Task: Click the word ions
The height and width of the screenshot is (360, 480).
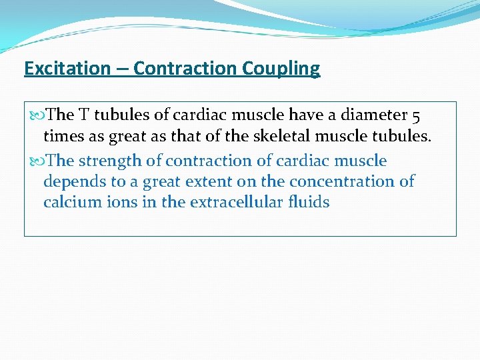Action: point(120,201)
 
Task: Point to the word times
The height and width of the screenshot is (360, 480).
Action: point(62,137)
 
